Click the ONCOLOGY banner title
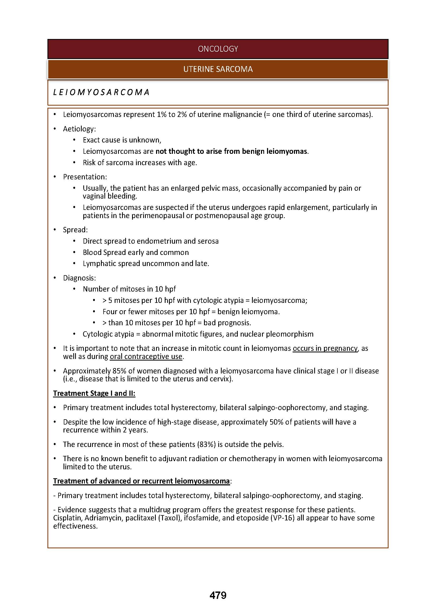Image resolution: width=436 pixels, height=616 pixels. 218,49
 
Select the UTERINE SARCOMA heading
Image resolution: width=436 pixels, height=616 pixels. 218,69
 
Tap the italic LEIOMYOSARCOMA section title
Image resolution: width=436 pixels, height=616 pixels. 101,92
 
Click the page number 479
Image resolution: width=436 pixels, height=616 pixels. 218,595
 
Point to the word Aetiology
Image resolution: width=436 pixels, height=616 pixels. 79,129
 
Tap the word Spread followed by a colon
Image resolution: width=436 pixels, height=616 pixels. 75,230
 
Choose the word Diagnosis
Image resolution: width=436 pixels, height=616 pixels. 79,278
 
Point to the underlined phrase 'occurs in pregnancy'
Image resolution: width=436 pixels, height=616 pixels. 325,348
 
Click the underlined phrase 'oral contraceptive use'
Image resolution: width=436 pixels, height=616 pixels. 146,357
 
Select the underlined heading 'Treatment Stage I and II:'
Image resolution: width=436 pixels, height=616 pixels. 94,393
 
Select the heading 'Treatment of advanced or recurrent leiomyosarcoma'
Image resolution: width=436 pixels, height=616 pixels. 141,481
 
